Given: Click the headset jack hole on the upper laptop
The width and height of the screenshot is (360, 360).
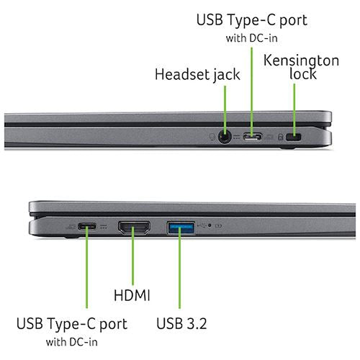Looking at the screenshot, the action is click(x=225, y=137).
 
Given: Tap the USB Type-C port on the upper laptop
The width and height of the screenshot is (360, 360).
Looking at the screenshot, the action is click(x=252, y=137).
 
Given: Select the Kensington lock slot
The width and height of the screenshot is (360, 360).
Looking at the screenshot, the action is click(x=293, y=138).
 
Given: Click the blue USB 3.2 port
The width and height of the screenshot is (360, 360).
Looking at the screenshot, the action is click(x=181, y=228).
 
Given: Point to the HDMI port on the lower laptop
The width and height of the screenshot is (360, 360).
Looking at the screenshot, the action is click(x=134, y=228).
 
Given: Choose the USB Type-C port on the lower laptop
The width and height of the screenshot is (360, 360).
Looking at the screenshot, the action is click(x=87, y=226).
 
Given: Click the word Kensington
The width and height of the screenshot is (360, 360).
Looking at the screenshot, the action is click(x=301, y=60).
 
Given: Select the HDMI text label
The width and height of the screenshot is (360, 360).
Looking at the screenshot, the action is click(x=132, y=295).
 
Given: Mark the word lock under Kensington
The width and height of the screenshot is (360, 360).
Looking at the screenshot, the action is click(x=302, y=73).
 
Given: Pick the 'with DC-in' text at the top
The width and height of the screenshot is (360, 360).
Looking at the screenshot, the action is click(x=251, y=38).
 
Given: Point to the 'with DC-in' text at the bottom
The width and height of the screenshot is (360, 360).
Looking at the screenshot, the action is click(x=72, y=342).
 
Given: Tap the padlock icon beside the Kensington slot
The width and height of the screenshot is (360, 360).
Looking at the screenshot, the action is click(x=280, y=137).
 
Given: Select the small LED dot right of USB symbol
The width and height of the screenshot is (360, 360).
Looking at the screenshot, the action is click(x=210, y=225).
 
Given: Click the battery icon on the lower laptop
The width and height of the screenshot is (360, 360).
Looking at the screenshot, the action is click(x=218, y=225).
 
